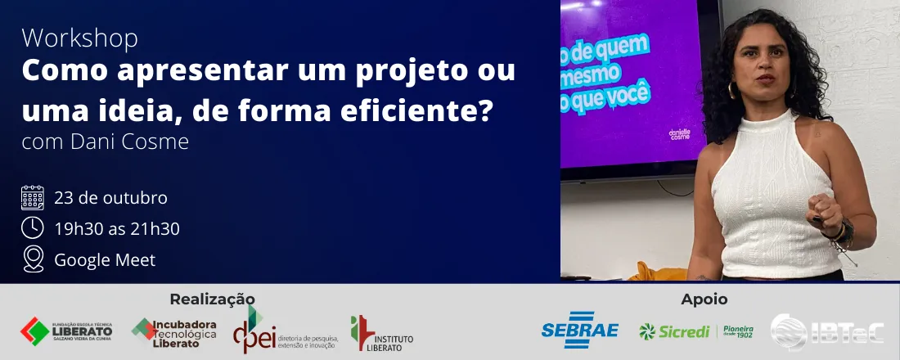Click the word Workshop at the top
click(79, 38)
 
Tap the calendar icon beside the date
click(33, 198)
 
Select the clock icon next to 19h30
click(33, 228)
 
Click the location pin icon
click(33, 259)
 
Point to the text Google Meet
click(105, 260)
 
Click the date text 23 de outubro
click(110, 198)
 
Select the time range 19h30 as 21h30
click(117, 229)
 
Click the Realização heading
click(212, 299)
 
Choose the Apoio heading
click(704, 299)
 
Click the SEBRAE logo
click(579, 331)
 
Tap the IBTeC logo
click(827, 331)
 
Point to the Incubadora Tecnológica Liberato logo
click(174, 333)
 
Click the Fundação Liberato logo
click(66, 331)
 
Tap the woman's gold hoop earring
click(731, 88)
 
